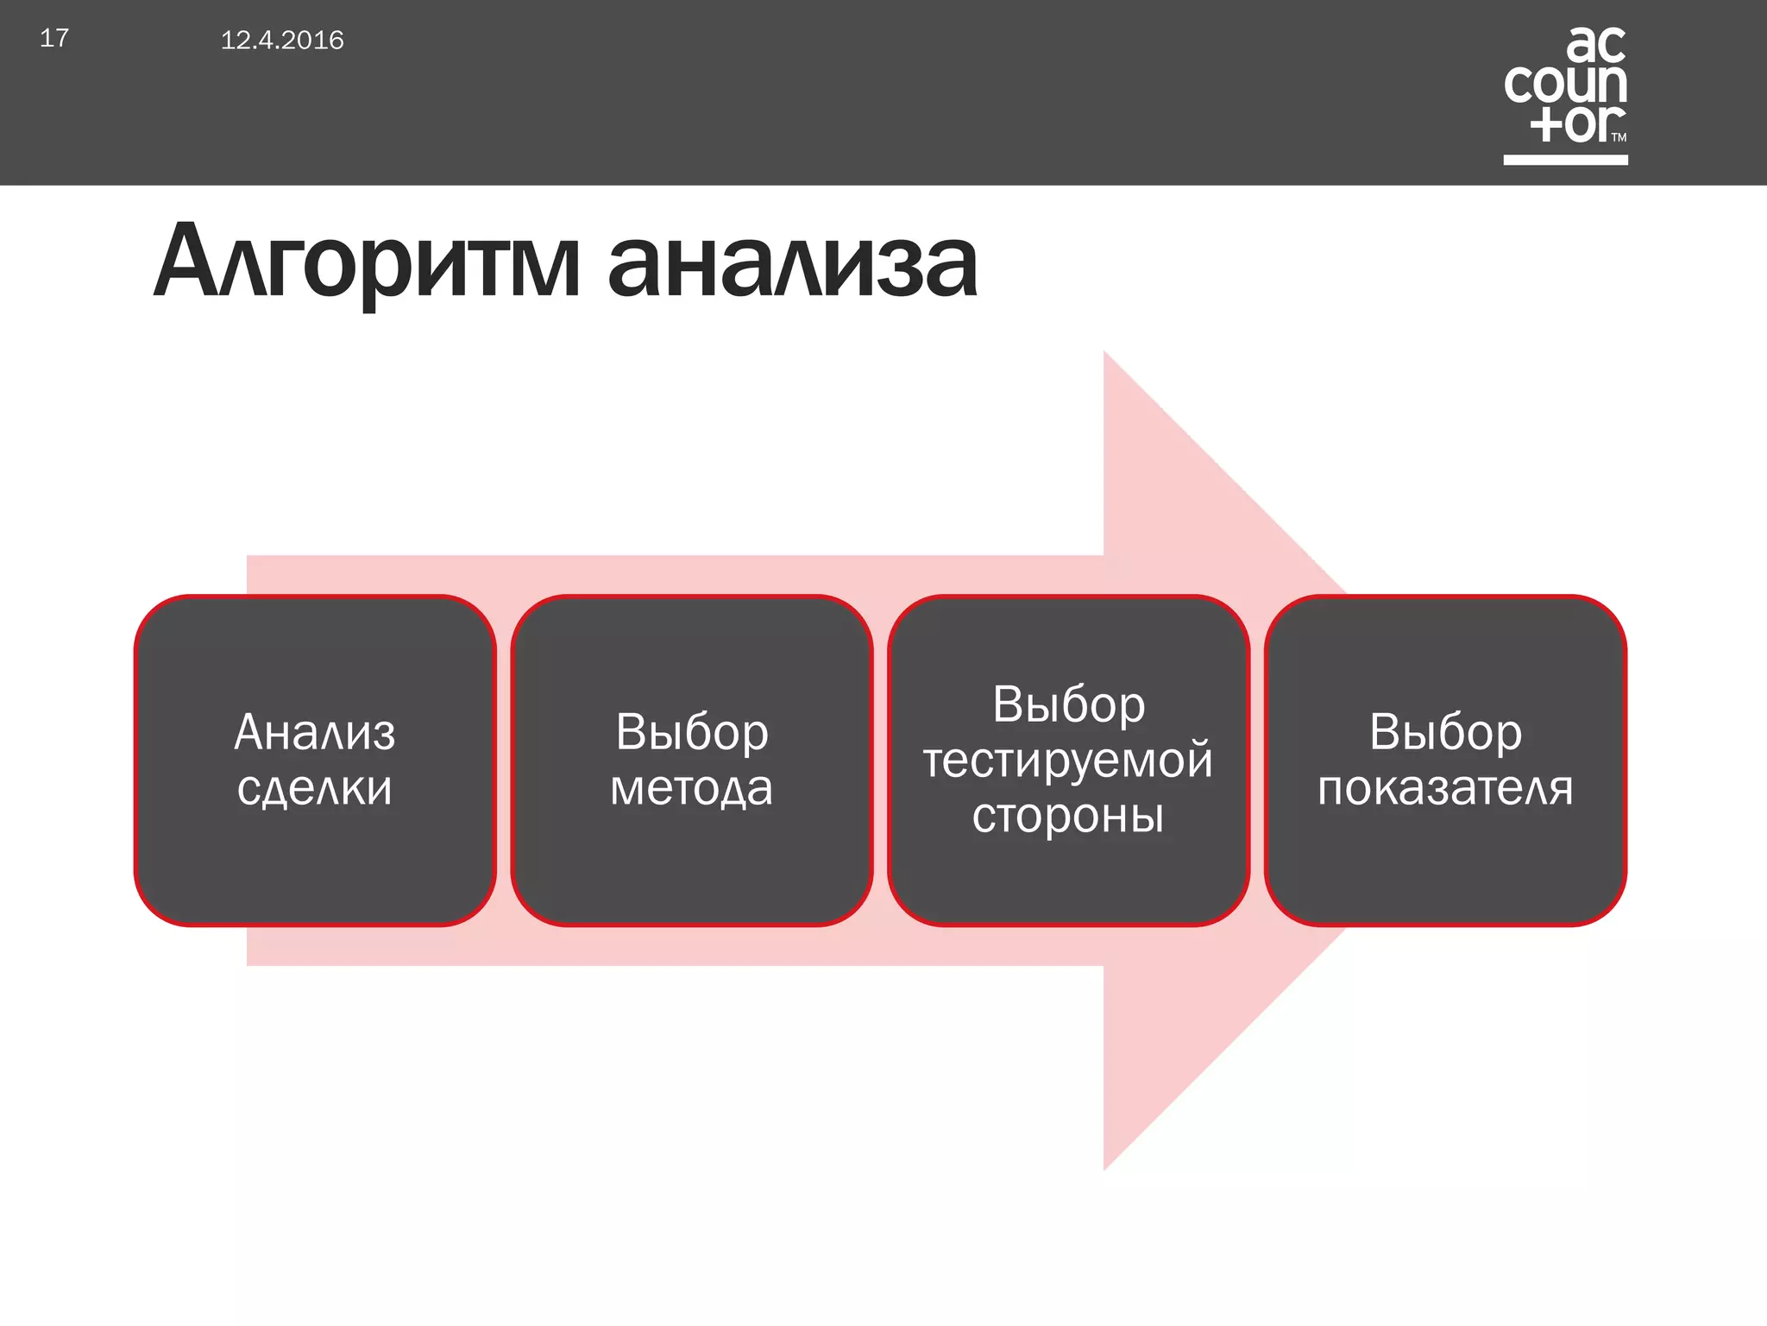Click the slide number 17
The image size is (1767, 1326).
53,38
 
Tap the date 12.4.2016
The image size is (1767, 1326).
282,41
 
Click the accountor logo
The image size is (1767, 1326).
1565,86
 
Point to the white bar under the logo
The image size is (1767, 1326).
1565,160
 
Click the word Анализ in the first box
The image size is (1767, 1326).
315,732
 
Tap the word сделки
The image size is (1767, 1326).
315,787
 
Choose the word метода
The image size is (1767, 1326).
691,787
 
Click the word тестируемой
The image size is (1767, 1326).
1068,760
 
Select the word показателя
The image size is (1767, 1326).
1445,787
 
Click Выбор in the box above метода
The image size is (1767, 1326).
691,732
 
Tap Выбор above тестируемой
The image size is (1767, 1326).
1068,704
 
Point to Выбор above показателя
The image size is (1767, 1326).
1445,732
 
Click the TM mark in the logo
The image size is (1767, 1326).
1619,137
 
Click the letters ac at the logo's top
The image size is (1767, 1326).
1595,45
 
